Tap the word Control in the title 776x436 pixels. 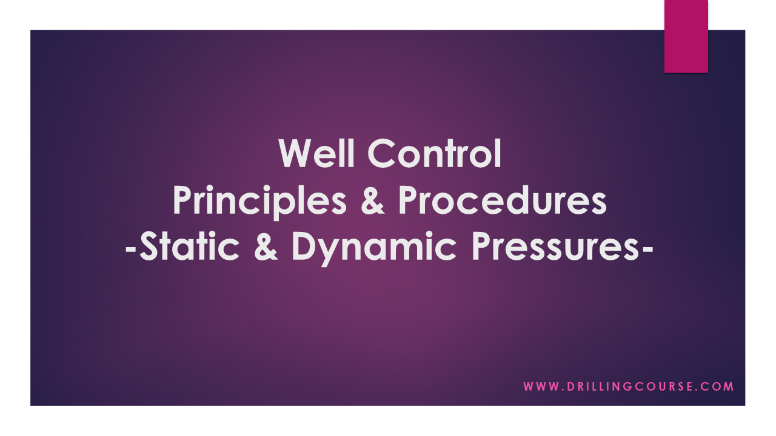tap(435, 154)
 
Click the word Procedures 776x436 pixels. tap(502, 202)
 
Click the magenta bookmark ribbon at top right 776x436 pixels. tap(686, 36)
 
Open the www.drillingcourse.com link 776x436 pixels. tap(629, 386)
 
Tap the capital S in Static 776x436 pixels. tap(151, 249)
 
